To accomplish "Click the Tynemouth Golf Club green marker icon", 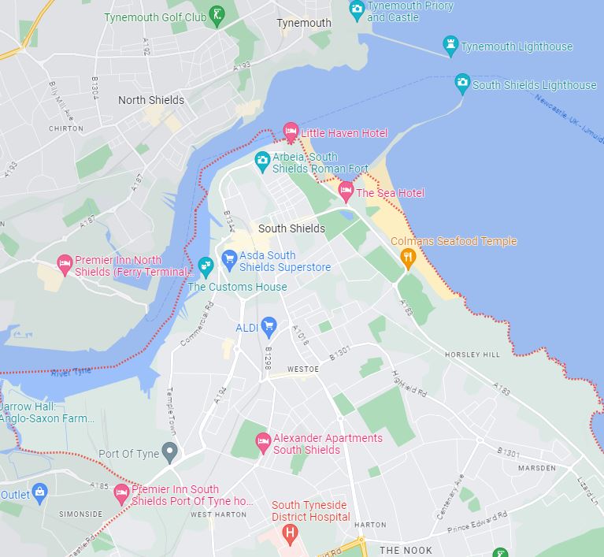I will click(218, 13).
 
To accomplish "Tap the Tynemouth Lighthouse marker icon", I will click(450, 46).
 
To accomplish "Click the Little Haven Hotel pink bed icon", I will click(291, 132).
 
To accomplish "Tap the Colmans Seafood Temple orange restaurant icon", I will click(407, 258).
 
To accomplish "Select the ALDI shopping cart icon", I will click(268, 325).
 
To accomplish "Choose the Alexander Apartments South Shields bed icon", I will click(263, 444).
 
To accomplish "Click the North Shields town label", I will click(151, 100).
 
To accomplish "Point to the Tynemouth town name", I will click(304, 23).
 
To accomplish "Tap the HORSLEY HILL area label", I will click(472, 355).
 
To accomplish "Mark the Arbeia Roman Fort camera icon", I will click(262, 162).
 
